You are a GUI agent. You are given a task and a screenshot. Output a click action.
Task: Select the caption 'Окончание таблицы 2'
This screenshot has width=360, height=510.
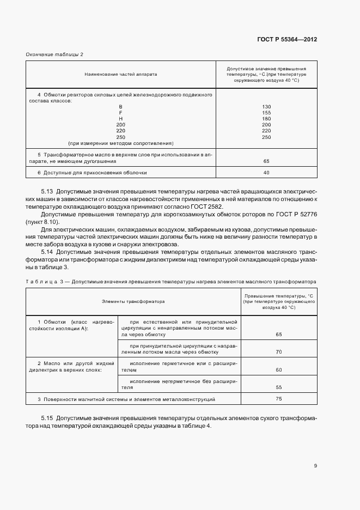[x=54, y=54]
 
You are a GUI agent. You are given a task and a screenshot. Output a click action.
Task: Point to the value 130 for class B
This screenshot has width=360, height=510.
[x=266, y=106]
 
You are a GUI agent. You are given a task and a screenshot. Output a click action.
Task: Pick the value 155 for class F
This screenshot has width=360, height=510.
[x=266, y=112]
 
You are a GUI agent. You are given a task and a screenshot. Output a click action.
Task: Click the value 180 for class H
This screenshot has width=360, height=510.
[x=266, y=118]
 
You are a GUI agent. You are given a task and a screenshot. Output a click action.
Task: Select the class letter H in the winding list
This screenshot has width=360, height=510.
[x=120, y=118]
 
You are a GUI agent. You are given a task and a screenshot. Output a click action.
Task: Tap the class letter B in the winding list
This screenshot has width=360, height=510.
[x=120, y=106]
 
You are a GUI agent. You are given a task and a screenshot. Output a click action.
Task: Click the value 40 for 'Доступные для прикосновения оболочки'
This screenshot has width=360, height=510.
[x=266, y=173]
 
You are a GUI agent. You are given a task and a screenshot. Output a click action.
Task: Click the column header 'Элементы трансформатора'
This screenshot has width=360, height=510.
[x=133, y=301]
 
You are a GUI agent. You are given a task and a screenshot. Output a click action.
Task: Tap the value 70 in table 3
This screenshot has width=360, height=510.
[x=279, y=352]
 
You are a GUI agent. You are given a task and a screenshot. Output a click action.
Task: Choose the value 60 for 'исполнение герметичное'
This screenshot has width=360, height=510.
[x=279, y=370]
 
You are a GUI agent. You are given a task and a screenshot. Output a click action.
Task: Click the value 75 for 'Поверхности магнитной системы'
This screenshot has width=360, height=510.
[x=279, y=399]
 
